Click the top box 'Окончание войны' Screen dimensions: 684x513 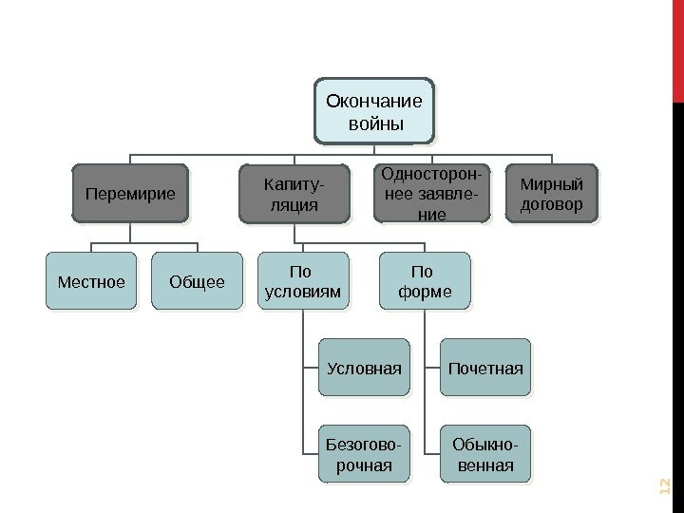click(374, 111)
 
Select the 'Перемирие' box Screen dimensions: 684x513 click(131, 193)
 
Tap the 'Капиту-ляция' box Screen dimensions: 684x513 click(294, 193)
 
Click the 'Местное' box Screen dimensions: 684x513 click(91, 281)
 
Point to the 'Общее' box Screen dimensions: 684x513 click(197, 281)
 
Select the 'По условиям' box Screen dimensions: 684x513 click(300, 281)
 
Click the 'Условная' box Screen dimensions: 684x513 click(364, 367)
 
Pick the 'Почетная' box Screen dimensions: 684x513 click(486, 367)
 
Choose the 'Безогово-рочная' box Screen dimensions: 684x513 click(364, 454)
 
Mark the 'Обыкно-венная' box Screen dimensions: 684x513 click(486, 454)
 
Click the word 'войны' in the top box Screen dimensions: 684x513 click(374, 124)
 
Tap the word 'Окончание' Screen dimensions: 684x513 click(374, 100)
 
